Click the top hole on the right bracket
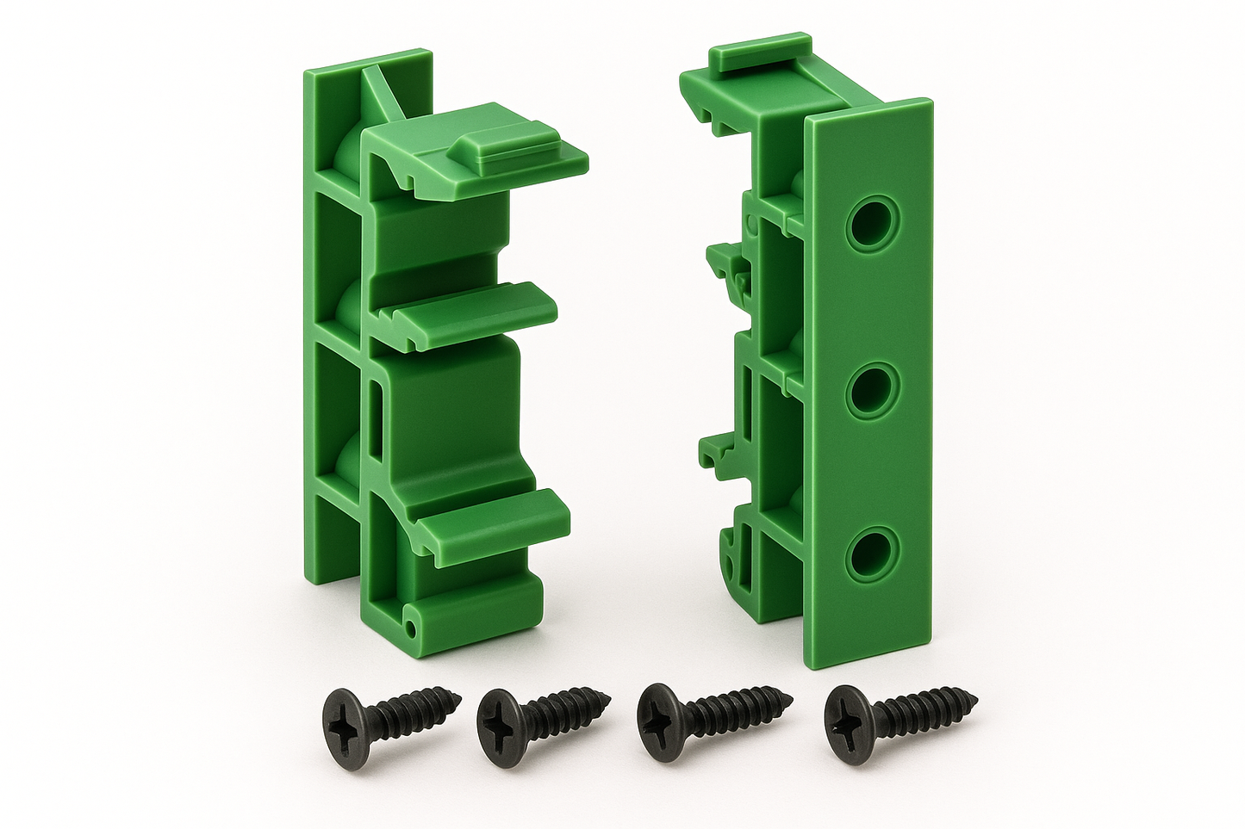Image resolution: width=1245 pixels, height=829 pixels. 871,224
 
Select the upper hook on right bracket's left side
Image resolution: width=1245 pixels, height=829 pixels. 726,267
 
